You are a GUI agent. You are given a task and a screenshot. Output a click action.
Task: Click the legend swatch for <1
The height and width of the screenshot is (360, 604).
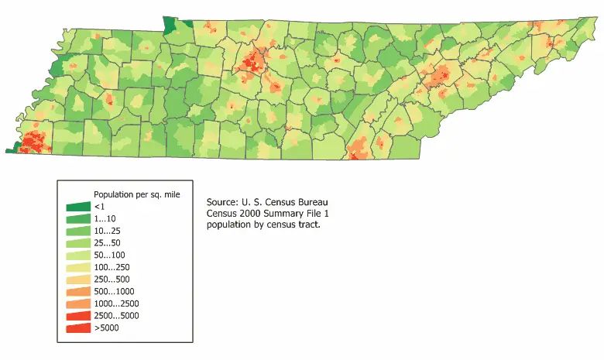pos(77,207)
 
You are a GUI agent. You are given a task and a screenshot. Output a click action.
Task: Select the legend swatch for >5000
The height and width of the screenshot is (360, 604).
pos(77,328)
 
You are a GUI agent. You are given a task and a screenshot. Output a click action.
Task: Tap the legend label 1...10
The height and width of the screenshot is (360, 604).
pos(105,219)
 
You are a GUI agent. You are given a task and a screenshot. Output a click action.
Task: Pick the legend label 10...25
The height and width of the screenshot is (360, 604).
pos(107,231)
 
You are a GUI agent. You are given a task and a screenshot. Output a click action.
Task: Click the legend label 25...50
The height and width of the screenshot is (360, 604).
pos(107,243)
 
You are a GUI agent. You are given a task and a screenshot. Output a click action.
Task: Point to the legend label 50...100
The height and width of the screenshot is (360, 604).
pos(109,255)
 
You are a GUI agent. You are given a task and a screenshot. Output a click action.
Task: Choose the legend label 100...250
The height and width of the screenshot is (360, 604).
pos(112,268)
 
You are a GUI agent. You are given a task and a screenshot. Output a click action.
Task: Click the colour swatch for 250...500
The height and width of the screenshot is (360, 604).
pos(77,279)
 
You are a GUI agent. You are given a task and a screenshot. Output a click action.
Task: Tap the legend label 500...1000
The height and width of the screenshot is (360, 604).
pos(114,292)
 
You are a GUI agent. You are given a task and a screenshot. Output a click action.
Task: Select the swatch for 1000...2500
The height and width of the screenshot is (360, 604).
pos(77,303)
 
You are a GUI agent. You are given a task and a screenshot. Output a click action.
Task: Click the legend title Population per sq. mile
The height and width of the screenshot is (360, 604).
pos(136,194)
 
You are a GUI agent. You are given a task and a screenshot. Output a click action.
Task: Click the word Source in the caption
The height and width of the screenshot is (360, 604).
pos(221,201)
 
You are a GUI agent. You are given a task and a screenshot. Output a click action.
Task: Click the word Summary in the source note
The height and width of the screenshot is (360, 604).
pos(288,213)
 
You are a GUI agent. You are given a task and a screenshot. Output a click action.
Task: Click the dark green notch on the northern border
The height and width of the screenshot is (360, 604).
pos(169,25)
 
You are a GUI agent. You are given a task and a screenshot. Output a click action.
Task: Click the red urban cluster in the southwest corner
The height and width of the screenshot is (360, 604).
pos(33,142)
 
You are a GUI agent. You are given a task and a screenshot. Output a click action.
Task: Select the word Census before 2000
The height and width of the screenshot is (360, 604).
pos(221,213)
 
